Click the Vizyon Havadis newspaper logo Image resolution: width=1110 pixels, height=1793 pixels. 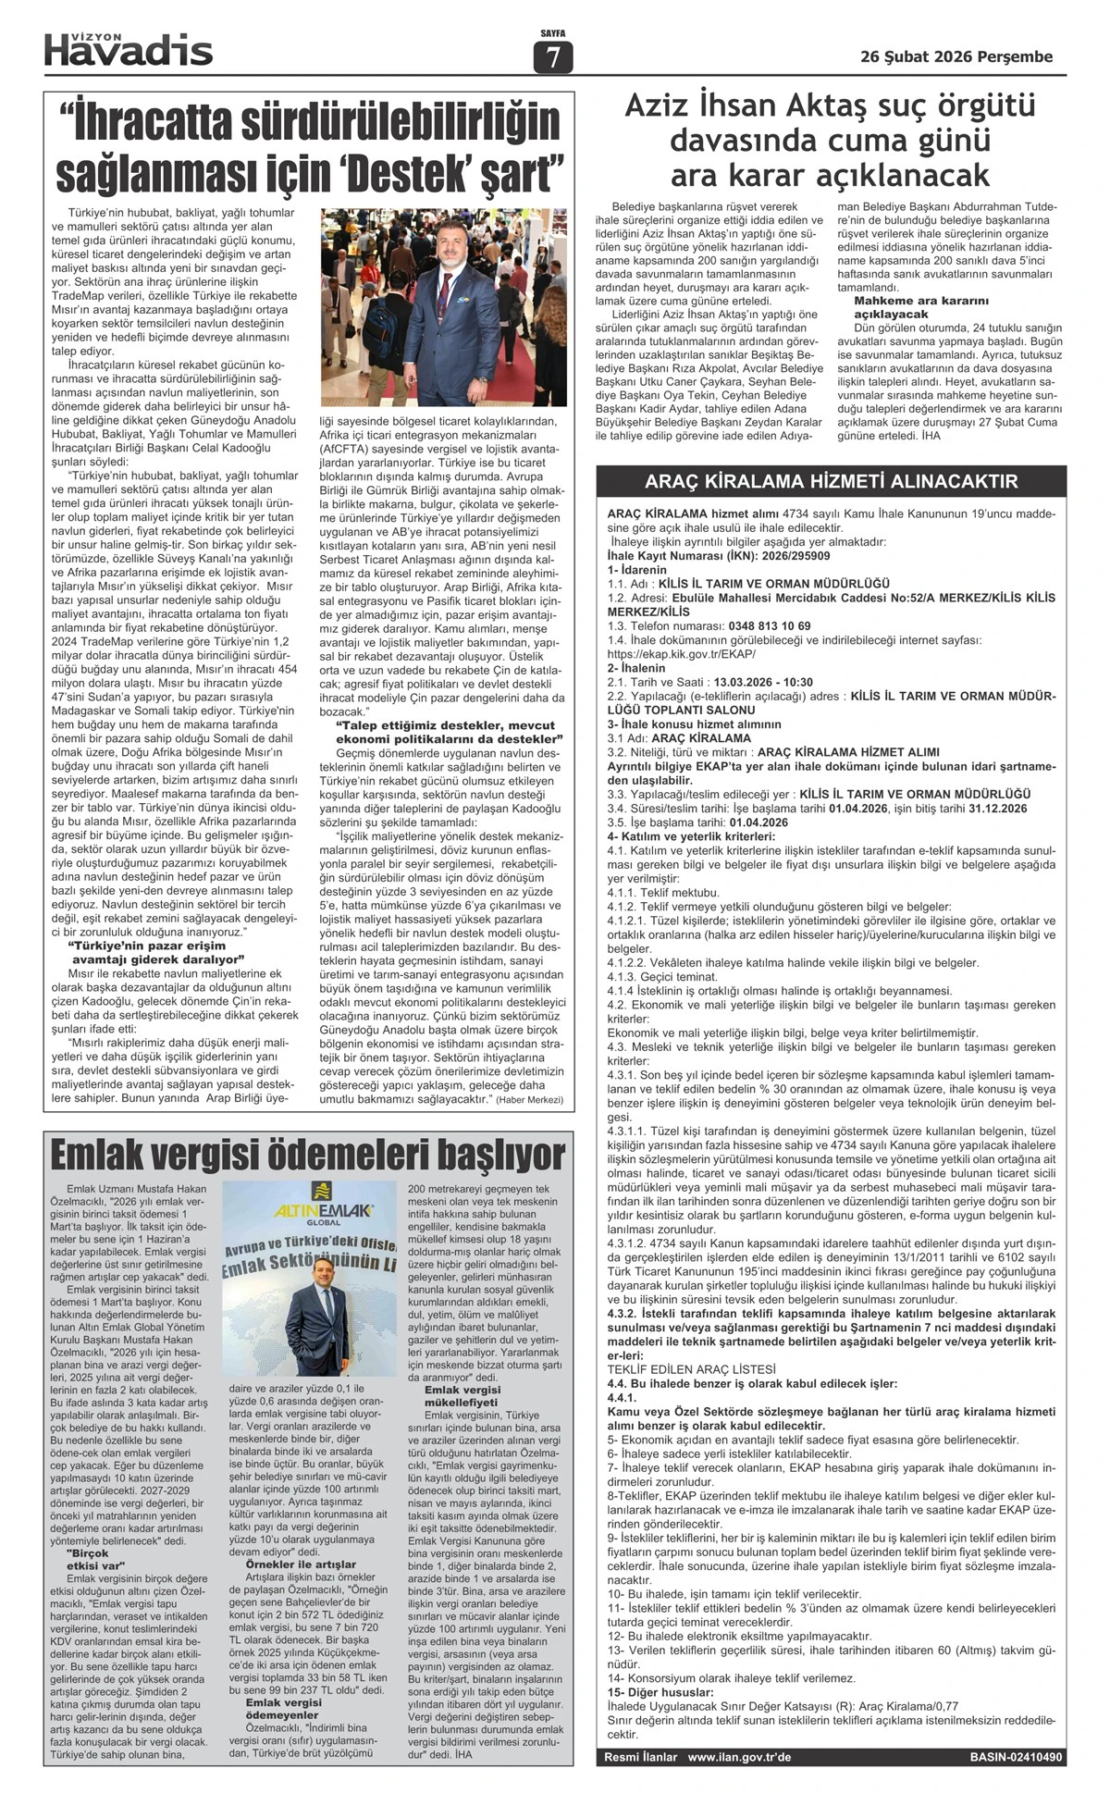pos(129,49)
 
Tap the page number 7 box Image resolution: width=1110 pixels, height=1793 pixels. pos(553,58)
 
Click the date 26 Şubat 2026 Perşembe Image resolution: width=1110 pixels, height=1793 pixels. pos(956,56)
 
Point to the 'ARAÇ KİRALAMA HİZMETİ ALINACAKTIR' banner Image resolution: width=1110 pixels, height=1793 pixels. pos(831,481)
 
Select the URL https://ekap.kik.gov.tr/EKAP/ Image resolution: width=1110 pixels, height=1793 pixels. pos(684,654)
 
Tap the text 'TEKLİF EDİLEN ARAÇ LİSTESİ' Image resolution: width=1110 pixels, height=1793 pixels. pos(692,1368)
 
